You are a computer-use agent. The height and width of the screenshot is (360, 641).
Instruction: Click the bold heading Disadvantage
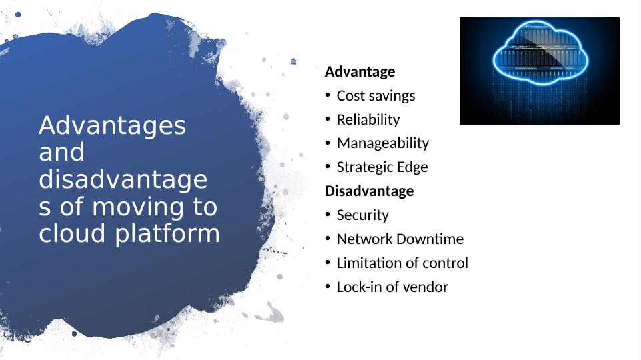(x=369, y=191)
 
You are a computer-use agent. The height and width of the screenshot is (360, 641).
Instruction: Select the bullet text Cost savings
(x=376, y=96)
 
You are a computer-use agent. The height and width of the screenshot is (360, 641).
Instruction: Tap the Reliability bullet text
(x=368, y=120)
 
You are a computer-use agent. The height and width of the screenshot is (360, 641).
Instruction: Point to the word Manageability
(x=383, y=143)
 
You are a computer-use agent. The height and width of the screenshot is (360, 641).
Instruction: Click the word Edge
(x=413, y=167)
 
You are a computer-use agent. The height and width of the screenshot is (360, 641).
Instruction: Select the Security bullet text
(x=362, y=215)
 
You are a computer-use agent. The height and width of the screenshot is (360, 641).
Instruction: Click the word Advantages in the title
(x=112, y=125)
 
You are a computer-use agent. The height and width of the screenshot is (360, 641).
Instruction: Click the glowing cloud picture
(x=539, y=71)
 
